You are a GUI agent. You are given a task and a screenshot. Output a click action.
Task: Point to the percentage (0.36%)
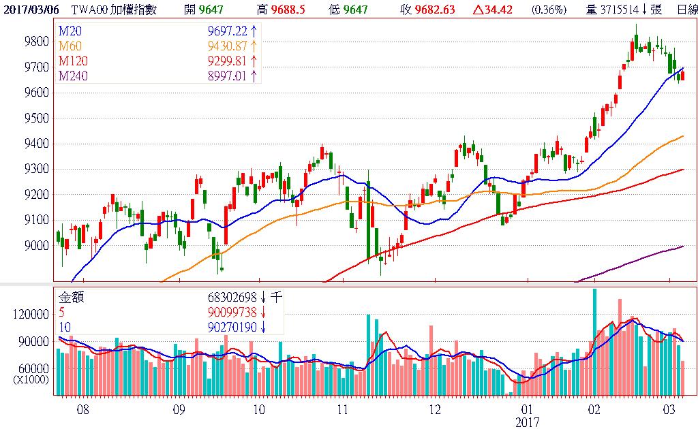click(x=548, y=10)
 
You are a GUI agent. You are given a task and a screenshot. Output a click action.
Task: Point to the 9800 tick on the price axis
click(x=35, y=42)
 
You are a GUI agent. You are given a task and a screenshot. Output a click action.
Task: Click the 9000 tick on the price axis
click(x=35, y=246)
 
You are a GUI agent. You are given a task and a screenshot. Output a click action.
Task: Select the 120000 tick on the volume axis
click(x=31, y=315)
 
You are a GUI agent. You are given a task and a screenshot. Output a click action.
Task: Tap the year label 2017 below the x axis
click(x=527, y=422)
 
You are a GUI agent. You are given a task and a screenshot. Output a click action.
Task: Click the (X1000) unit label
click(x=31, y=379)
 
